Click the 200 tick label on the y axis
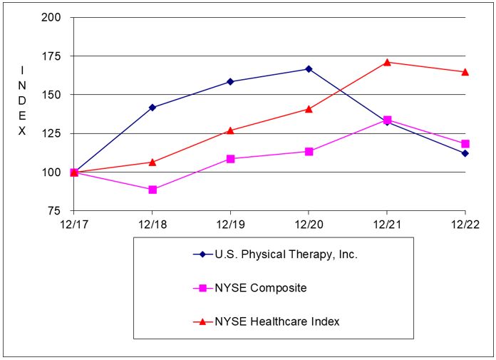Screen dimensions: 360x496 [52, 17]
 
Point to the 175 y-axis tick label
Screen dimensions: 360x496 [52, 56]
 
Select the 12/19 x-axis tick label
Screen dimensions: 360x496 [229, 224]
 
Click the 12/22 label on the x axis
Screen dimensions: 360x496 [465, 224]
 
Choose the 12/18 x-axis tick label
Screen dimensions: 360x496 [152, 224]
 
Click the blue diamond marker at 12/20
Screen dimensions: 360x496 [309, 69]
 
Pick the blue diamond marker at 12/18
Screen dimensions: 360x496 [152, 108]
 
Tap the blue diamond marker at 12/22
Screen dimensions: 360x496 [465, 153]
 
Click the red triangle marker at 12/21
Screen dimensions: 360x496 [387, 62]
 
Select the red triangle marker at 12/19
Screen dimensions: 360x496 [230, 130]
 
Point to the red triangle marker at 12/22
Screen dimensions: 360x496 [465, 71]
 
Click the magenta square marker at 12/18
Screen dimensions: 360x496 [152, 190]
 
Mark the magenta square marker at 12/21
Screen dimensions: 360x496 [387, 120]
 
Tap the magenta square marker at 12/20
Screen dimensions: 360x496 [309, 152]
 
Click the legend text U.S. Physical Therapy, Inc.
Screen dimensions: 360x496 [286, 254]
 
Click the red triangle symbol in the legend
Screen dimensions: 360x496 [202, 322]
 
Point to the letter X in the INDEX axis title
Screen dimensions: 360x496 [22, 131]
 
